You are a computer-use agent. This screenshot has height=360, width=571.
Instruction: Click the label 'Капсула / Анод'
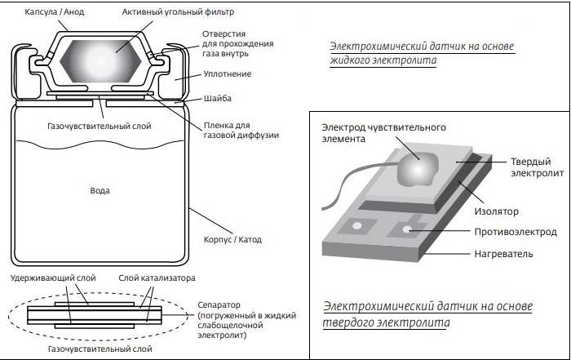pyautogui.click(x=55, y=12)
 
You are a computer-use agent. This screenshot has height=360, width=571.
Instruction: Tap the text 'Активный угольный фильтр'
pyautogui.click(x=178, y=12)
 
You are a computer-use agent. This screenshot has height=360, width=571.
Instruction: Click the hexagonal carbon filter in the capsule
pyautogui.click(x=100, y=60)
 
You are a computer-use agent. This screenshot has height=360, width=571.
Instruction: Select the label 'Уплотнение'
pyautogui.click(x=228, y=74)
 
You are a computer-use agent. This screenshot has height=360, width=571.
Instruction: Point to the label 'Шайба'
pyautogui.click(x=218, y=99)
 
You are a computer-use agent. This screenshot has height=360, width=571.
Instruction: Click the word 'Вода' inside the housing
pyautogui.click(x=100, y=190)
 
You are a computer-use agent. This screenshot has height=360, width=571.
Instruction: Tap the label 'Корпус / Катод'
pyautogui.click(x=232, y=240)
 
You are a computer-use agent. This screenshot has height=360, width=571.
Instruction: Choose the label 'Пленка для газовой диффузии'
pyautogui.click(x=241, y=130)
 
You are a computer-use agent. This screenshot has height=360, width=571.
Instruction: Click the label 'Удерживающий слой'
pyautogui.click(x=53, y=278)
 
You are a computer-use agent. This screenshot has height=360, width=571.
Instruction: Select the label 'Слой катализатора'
pyautogui.click(x=157, y=278)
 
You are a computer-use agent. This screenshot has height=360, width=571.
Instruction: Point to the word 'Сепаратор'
pyautogui.click(x=219, y=305)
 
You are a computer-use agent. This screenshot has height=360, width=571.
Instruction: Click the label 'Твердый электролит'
pyautogui.click(x=537, y=167)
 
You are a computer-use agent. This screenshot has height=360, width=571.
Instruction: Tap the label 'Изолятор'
pyautogui.click(x=496, y=211)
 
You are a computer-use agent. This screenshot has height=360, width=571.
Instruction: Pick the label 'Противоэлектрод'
pyautogui.click(x=516, y=232)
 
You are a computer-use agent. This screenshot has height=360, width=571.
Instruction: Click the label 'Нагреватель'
pyautogui.click(x=503, y=254)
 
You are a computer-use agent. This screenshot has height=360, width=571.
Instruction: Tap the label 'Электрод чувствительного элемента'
pyautogui.click(x=383, y=133)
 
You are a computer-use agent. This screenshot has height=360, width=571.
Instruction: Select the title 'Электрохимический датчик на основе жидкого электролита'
pyautogui.click(x=422, y=53)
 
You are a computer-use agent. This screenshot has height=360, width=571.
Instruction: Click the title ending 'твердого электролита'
pyautogui.click(x=427, y=315)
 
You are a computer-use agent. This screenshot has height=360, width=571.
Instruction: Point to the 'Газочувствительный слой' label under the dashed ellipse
pyautogui.click(x=100, y=349)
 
